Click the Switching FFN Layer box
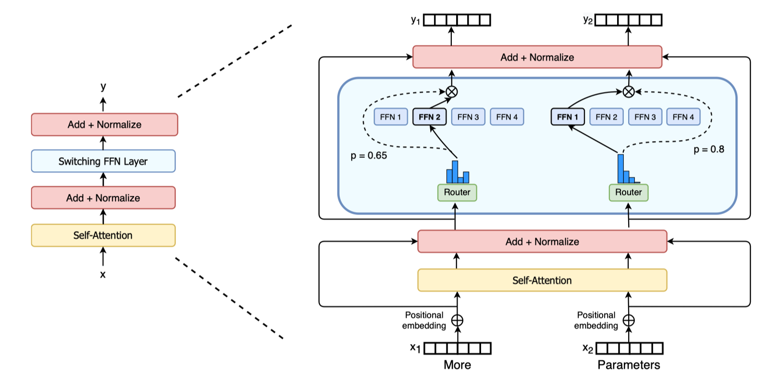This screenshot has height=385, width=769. (x=103, y=161)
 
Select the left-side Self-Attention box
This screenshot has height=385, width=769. (x=103, y=235)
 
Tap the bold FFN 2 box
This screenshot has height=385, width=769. (x=429, y=117)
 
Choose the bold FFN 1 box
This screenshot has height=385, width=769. (x=568, y=117)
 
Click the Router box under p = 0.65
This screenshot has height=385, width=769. (x=457, y=192)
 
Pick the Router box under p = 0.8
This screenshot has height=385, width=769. (x=628, y=192)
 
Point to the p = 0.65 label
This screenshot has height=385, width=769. (x=369, y=155)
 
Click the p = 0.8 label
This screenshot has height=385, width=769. (x=708, y=149)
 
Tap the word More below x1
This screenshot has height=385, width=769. (x=457, y=365)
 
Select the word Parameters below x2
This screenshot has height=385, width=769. (x=629, y=365)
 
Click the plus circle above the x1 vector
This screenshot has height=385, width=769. (x=457, y=321)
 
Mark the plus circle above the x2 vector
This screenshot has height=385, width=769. (x=629, y=321)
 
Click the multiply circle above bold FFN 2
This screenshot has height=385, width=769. (x=451, y=91)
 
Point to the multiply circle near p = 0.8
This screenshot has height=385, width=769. (x=629, y=91)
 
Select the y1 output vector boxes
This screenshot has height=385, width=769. (x=457, y=20)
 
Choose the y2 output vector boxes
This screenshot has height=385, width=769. (x=628, y=20)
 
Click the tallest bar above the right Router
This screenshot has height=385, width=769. (x=620, y=168)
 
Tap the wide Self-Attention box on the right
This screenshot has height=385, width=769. (x=542, y=280)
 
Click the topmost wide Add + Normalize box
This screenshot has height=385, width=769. (x=537, y=57)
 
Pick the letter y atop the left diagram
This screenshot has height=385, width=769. (x=103, y=87)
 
